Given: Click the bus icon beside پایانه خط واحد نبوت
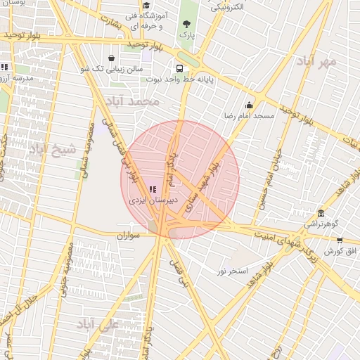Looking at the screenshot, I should (180, 69).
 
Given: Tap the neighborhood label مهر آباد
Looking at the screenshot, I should (318, 62).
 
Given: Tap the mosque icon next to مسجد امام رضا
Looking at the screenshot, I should (249, 105).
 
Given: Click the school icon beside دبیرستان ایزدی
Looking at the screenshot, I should (153, 188).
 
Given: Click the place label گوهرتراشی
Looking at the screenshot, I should (321, 224).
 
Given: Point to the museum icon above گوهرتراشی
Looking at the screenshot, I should (321, 213).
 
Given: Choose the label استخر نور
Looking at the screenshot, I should (233, 271).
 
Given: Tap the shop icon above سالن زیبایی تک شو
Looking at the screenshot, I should (112, 58).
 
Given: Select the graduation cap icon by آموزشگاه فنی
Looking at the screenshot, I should (146, 6).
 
